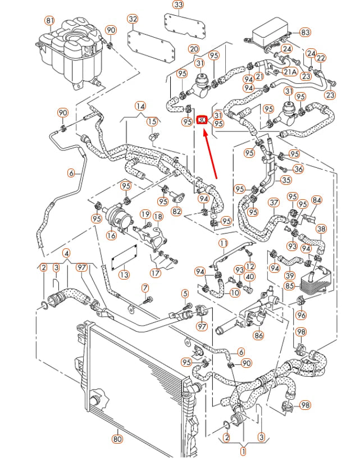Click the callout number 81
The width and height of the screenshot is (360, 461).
(49, 21)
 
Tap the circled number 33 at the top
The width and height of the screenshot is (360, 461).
(178, 5)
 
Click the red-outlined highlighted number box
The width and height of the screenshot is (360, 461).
(202, 120)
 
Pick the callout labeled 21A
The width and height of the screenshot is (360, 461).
(290, 72)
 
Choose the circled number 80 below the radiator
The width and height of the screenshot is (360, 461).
(117, 439)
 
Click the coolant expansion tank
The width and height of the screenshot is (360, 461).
(70, 54)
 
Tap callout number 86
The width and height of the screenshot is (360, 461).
(258, 336)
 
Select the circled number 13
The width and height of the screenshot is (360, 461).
(124, 275)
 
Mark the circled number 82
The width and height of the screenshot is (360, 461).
(177, 211)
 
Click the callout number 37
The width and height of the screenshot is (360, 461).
(274, 202)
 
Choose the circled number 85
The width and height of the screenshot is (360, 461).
(289, 286)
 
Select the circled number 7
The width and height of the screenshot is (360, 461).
(145, 289)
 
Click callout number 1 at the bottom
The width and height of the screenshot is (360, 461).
(243, 450)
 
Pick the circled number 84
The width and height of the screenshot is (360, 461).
(317, 200)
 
